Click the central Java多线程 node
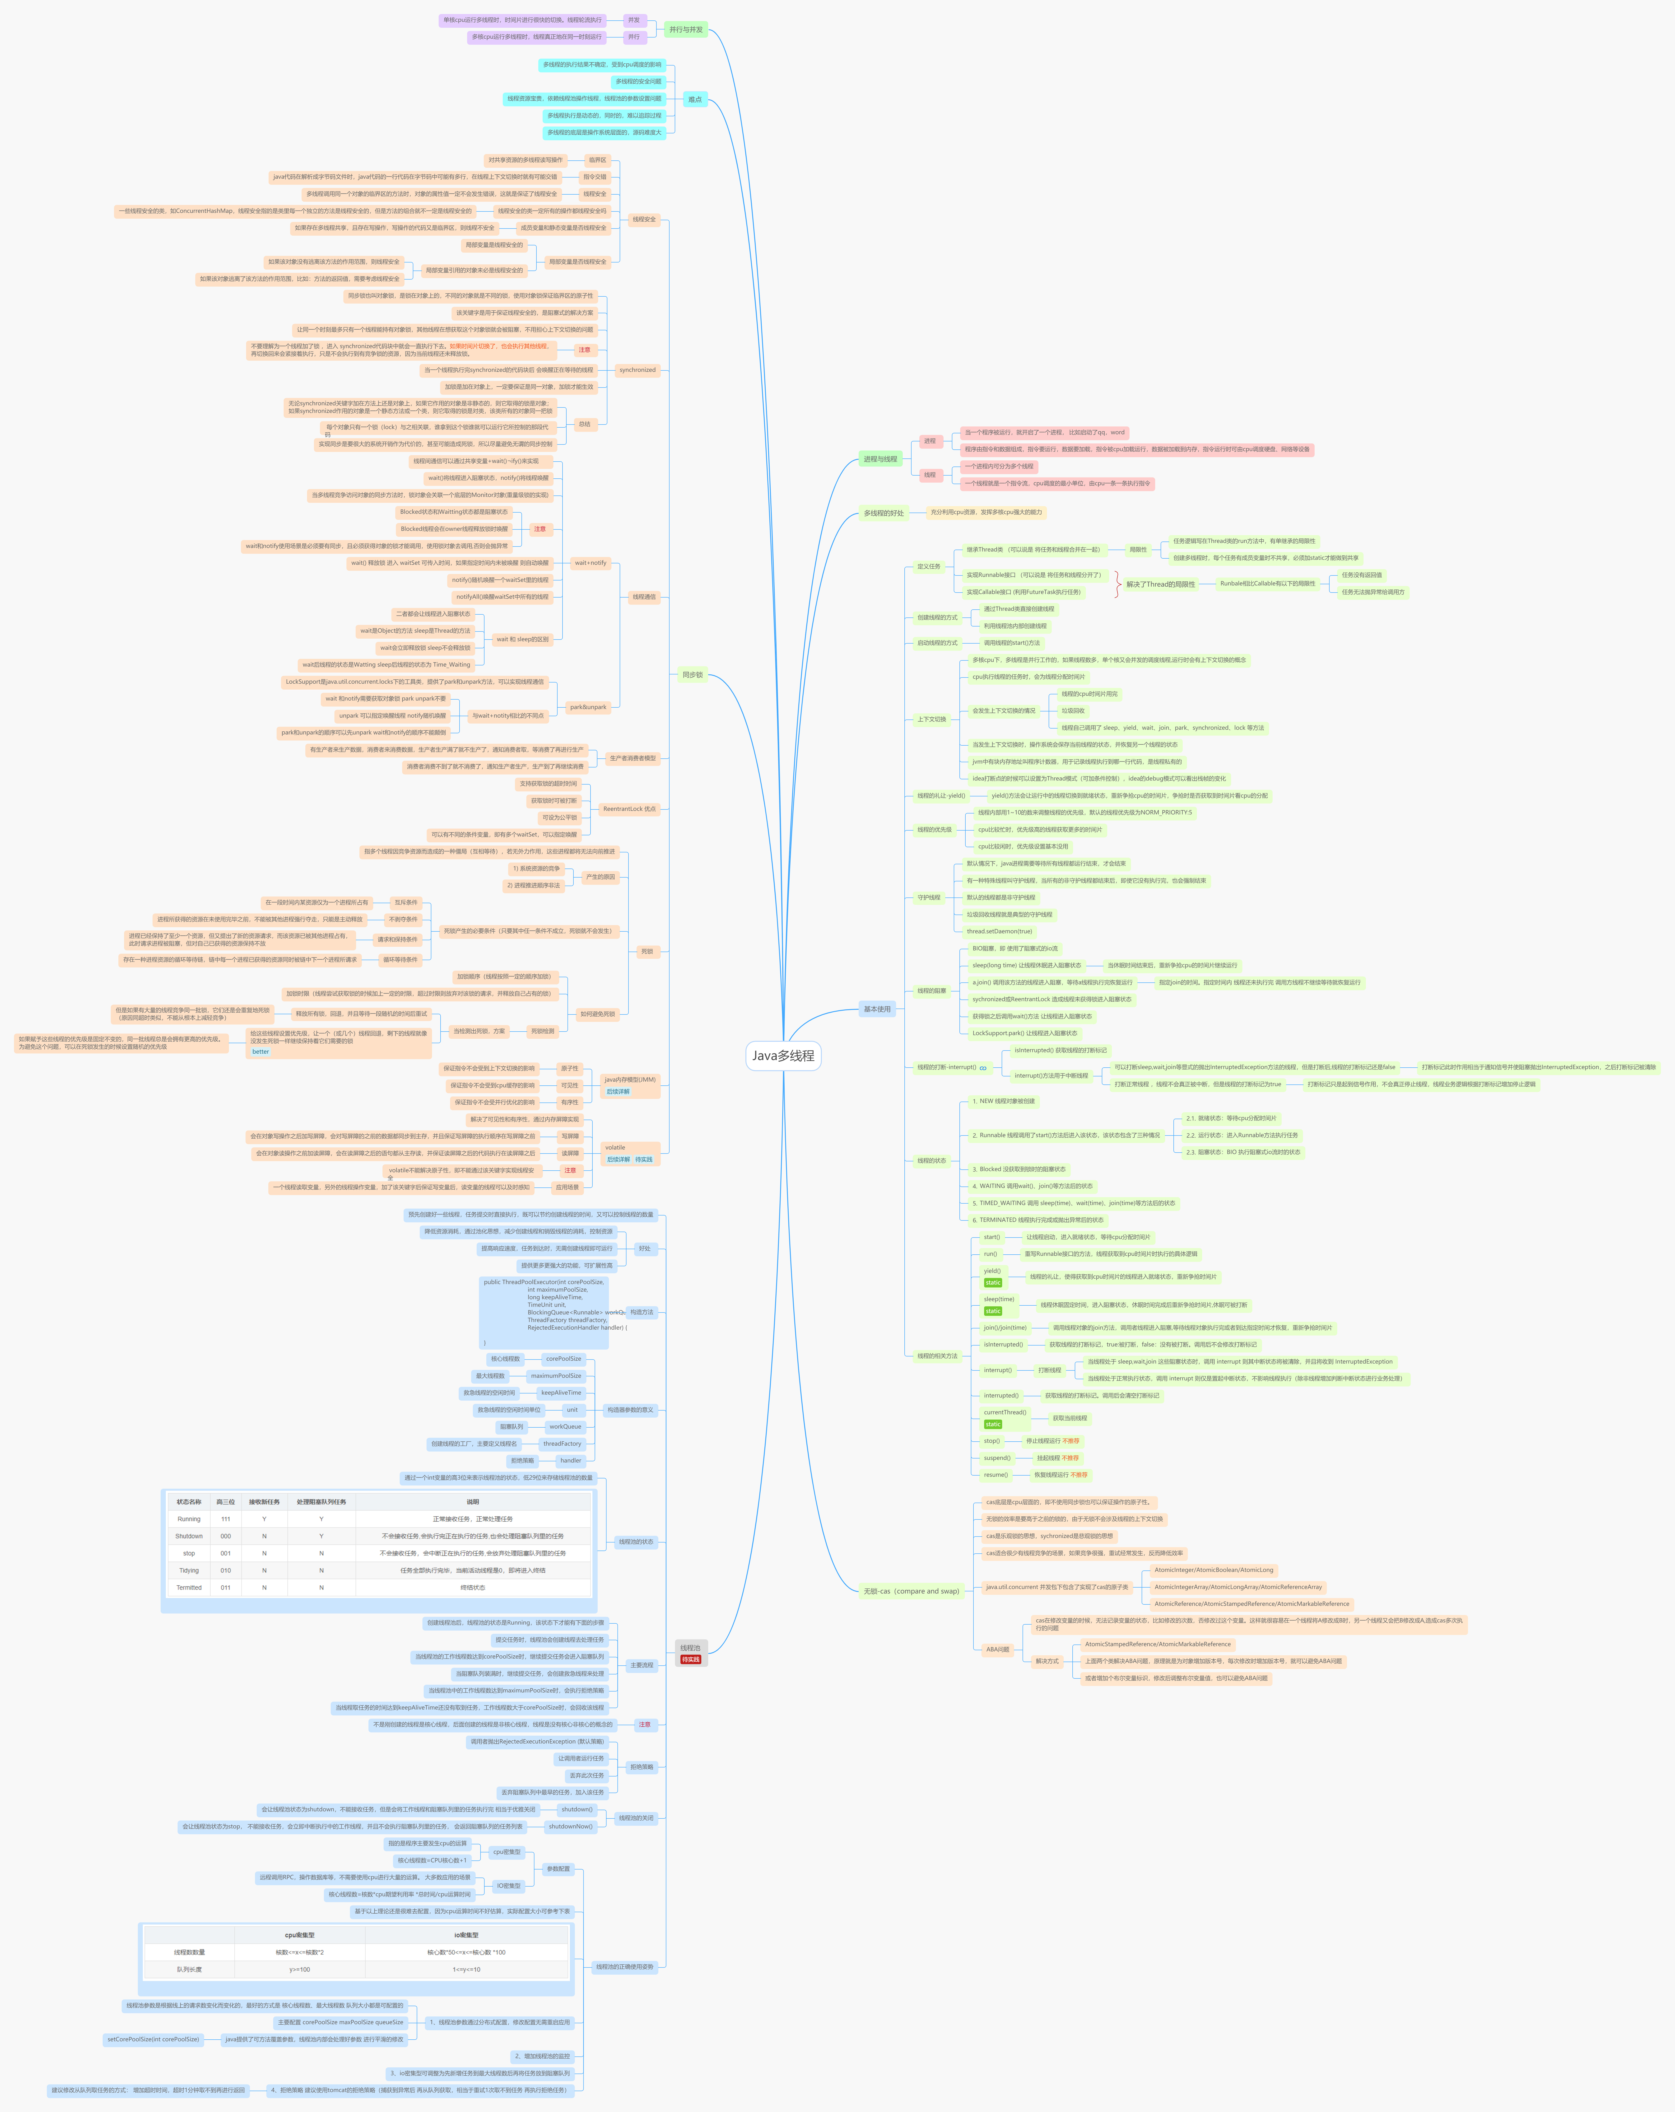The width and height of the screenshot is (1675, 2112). tap(783, 1055)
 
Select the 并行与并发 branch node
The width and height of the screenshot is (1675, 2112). tap(686, 29)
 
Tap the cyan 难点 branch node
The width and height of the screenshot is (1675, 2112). tap(694, 99)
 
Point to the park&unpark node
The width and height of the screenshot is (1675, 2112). tap(588, 706)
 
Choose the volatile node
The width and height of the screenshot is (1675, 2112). tap(615, 1147)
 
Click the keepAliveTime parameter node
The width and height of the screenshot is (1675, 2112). tap(560, 1392)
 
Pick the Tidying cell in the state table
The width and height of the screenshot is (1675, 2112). tap(188, 1570)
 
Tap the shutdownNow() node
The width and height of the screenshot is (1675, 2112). tap(570, 1826)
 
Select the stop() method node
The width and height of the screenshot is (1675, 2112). tap(991, 1441)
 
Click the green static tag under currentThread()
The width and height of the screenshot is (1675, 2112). tap(992, 1424)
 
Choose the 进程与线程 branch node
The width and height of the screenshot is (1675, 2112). tap(880, 458)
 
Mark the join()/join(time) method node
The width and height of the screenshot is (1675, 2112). tap(1005, 1327)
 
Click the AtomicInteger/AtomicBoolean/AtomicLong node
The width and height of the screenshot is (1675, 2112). tap(1214, 1569)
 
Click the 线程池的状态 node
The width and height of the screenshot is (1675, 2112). tap(636, 1542)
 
